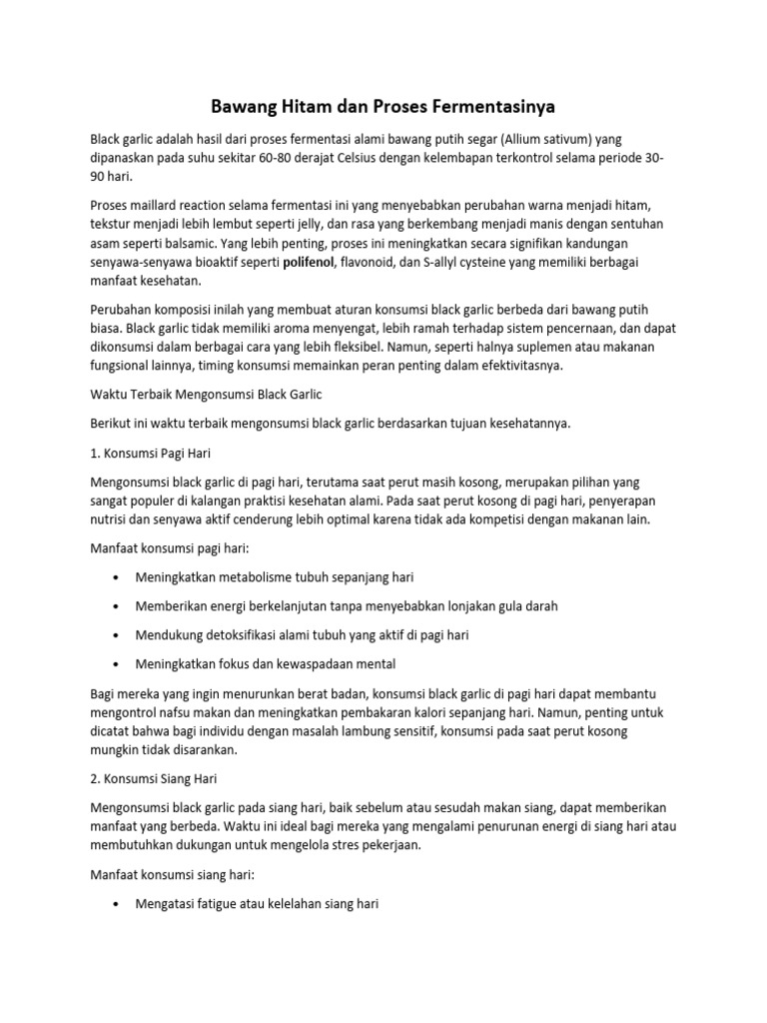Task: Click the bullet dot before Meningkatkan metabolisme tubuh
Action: point(120,577)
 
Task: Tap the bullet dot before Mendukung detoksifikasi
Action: point(120,634)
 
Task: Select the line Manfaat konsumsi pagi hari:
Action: point(172,547)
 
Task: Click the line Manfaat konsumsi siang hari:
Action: point(173,874)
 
